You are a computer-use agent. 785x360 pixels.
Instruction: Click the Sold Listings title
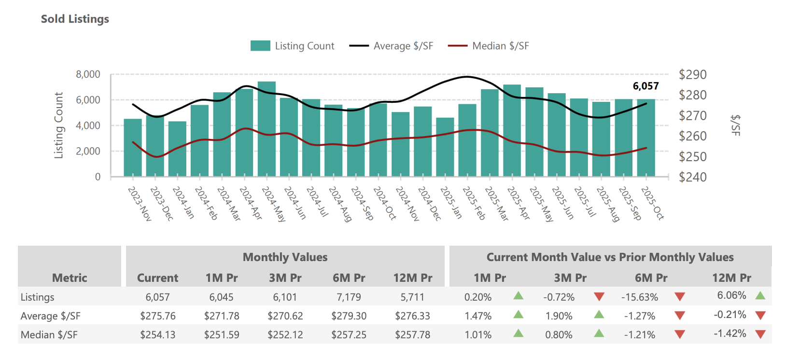pyautogui.click(x=75, y=19)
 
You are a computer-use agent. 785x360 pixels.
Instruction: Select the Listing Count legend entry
pyautogui.click(x=292, y=46)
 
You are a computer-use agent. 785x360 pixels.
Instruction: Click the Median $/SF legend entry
pyautogui.click(x=489, y=46)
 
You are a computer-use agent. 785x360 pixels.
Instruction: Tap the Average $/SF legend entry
pyautogui.click(x=391, y=46)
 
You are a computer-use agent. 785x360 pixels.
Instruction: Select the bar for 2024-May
pyautogui.click(x=266, y=130)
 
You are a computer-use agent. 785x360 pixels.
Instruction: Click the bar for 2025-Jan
pyautogui.click(x=445, y=147)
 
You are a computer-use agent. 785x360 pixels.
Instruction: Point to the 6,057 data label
pyautogui.click(x=645, y=86)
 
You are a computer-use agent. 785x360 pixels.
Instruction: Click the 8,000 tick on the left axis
pyautogui.click(x=88, y=74)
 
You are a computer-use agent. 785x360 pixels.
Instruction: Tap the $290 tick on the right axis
pyautogui.click(x=692, y=75)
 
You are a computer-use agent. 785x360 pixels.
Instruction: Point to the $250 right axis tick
pyautogui.click(x=692, y=157)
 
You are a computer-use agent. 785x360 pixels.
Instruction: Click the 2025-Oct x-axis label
pyautogui.click(x=652, y=203)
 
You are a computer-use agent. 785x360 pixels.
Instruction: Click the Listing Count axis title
pyautogui.click(x=58, y=125)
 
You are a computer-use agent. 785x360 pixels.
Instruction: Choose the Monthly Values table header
pyautogui.click(x=285, y=257)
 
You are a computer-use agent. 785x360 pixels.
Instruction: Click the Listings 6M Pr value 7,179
pyautogui.click(x=349, y=297)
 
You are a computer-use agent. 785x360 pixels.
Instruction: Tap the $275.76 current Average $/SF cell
pyautogui.click(x=158, y=316)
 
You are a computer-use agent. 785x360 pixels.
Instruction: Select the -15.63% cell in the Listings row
pyautogui.click(x=639, y=297)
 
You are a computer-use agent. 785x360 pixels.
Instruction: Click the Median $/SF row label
pyautogui.click(x=49, y=335)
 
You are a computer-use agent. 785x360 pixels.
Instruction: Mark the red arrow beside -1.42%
pyautogui.click(x=760, y=334)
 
